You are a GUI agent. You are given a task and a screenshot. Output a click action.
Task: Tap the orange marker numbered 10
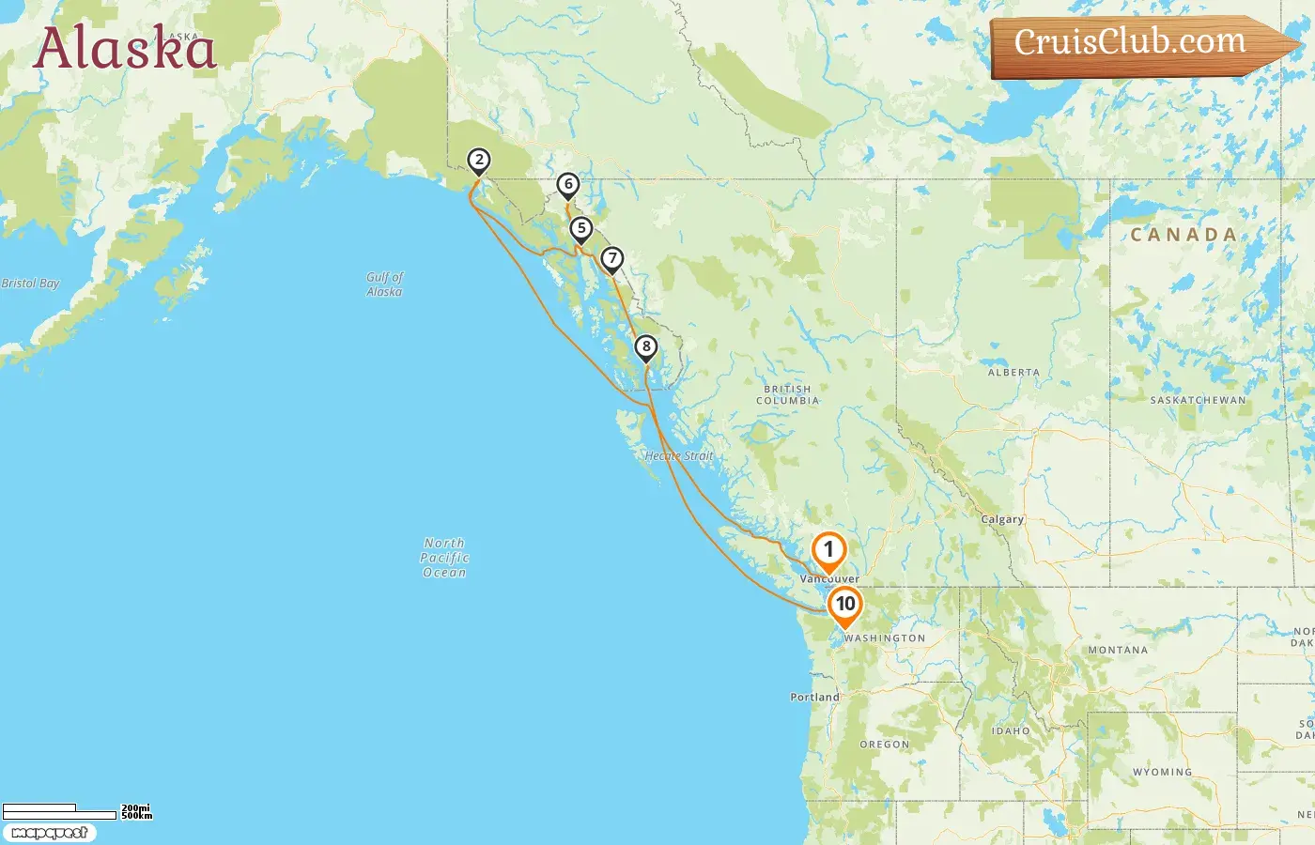[845, 605]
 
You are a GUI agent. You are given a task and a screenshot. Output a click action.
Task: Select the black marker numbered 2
[479, 161]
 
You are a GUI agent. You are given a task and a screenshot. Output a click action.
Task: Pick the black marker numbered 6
[567, 185]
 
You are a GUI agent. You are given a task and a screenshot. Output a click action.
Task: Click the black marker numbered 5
[581, 229]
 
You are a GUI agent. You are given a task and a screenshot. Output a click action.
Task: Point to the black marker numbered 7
[612, 259]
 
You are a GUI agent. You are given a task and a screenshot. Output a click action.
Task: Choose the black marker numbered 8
[645, 347]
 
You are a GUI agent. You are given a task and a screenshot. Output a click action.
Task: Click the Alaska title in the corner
[125, 49]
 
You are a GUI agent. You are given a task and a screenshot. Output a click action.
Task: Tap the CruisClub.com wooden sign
[1132, 43]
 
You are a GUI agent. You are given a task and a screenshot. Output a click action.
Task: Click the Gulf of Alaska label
[385, 284]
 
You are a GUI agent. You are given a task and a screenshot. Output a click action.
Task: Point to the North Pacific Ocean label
[444, 558]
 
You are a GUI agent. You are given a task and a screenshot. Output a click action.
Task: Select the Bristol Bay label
[30, 284]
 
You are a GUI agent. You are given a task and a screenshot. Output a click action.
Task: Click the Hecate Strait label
[679, 456]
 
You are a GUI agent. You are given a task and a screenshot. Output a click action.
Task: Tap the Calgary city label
[1002, 519]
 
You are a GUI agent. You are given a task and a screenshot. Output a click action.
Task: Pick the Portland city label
[814, 698]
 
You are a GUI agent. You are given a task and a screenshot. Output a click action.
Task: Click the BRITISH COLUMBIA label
[787, 394]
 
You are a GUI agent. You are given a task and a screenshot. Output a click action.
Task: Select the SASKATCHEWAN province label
[1198, 400]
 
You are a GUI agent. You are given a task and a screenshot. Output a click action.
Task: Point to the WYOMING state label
[1162, 773]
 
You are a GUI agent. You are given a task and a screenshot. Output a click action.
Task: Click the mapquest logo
[49, 833]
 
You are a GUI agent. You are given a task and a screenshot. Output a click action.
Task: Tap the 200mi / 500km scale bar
[75, 810]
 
